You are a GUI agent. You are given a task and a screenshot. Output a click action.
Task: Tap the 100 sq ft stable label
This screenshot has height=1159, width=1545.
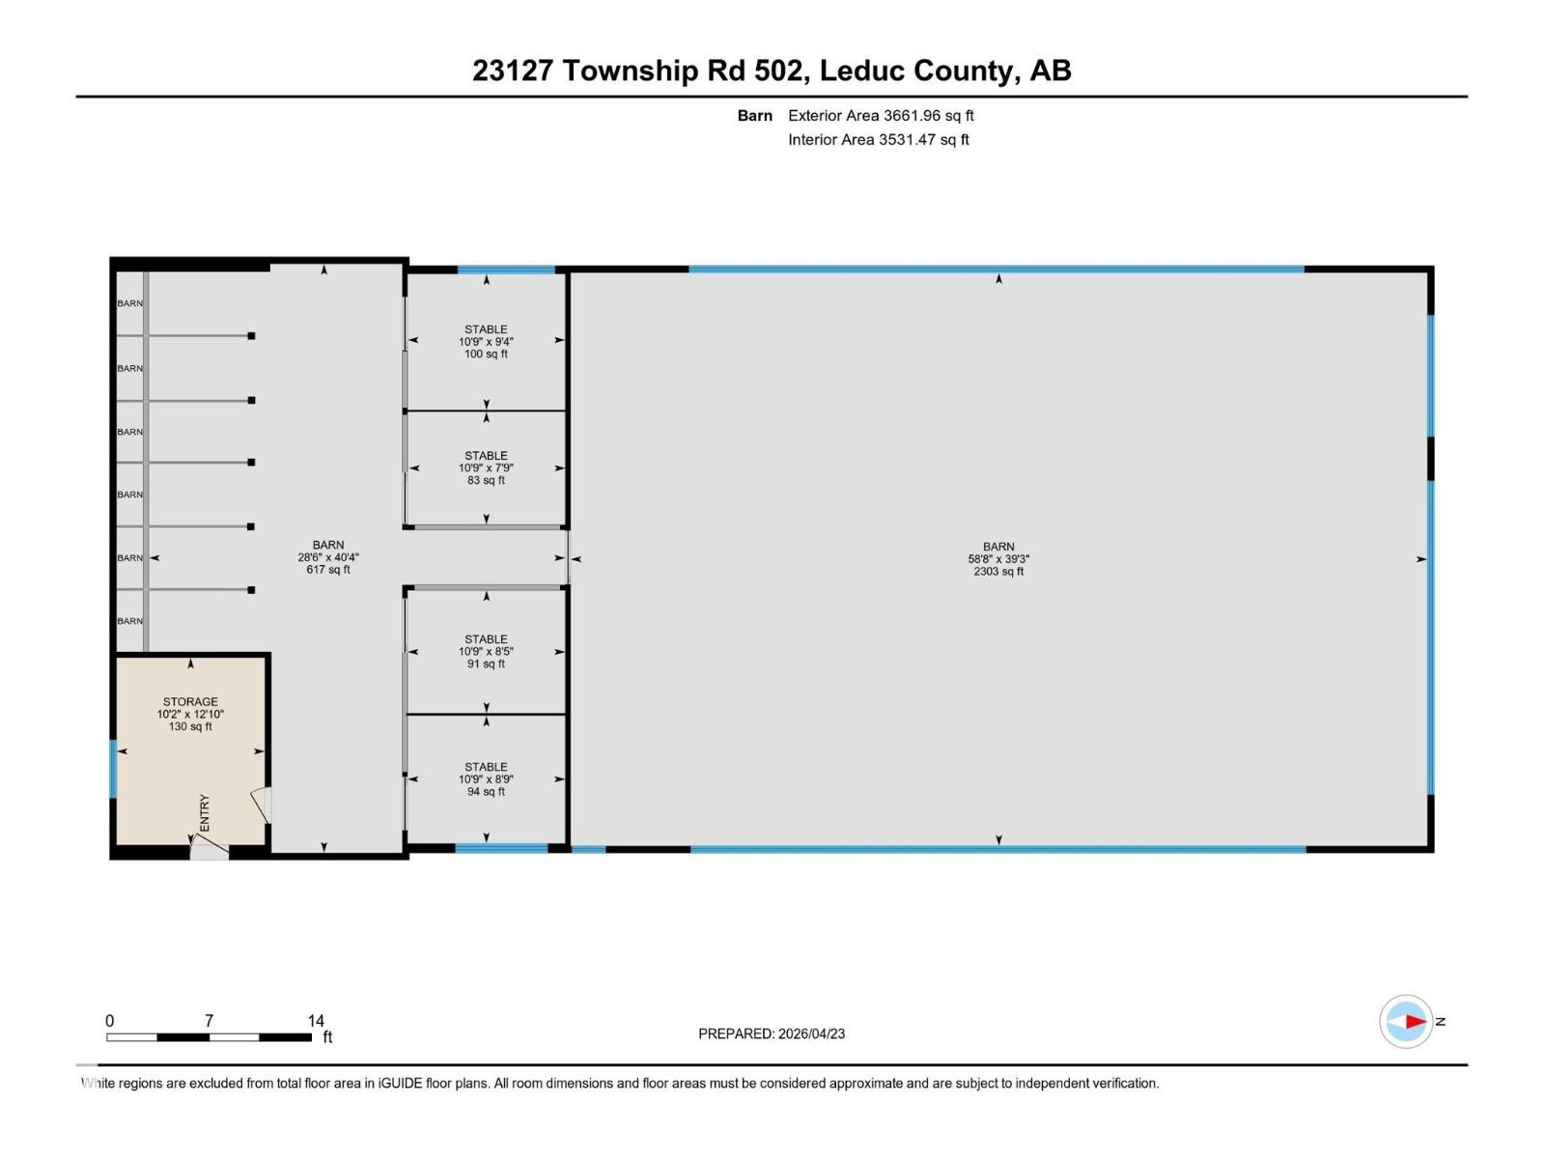486,342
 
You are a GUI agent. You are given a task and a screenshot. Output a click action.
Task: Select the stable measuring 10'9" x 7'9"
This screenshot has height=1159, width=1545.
486,467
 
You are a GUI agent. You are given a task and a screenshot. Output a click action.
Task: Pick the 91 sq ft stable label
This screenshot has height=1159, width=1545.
486,652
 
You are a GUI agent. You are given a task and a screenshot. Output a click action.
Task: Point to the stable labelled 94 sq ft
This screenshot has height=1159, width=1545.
486,779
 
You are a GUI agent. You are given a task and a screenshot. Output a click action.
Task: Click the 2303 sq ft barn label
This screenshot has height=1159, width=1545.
998,559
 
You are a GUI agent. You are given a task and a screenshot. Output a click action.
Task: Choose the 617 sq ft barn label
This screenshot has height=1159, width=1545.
328,557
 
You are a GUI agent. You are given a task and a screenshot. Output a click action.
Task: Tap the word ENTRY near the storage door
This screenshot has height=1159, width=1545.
205,813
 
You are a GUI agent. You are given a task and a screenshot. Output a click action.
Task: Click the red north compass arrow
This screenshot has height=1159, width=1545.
1415,1022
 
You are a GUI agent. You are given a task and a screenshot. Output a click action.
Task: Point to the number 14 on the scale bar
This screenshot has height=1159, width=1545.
316,1021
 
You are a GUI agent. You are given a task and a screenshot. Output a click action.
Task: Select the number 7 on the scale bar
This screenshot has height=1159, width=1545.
209,1021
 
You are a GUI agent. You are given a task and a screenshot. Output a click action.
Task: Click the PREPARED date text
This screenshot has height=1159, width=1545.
772,1033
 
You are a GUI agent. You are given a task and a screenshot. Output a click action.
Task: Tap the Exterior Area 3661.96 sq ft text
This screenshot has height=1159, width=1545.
881,116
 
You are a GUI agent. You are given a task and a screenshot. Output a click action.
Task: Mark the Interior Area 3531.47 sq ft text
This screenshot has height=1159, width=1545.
878,140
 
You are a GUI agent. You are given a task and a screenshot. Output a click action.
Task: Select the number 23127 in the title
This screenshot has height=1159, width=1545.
513,71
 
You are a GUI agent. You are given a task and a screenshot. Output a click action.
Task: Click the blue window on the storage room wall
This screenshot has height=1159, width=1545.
113,769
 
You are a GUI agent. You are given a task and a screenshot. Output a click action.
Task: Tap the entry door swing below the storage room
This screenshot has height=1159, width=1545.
209,849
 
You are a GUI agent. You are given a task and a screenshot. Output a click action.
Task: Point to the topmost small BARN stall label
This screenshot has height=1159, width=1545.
130,303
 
